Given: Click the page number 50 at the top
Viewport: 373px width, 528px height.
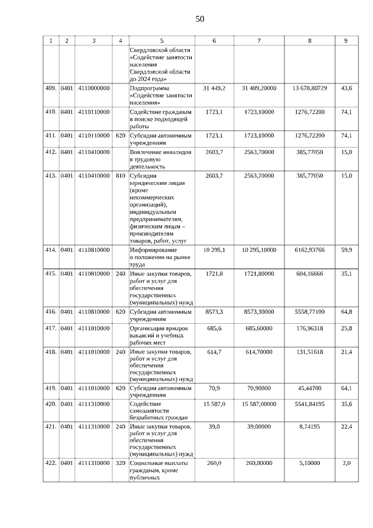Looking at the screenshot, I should [200, 19].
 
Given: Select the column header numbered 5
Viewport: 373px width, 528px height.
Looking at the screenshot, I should [161, 40].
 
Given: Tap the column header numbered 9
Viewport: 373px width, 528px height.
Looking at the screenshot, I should [346, 40].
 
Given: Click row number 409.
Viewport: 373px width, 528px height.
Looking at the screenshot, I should [51, 88].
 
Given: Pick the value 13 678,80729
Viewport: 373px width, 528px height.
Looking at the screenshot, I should [309, 88].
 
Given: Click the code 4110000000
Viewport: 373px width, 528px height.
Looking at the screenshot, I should [93, 88].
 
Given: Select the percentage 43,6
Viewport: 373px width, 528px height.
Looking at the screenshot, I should [346, 88].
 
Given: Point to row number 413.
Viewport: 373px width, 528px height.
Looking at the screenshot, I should [51, 176].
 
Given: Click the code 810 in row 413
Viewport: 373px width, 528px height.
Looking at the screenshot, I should [120, 176].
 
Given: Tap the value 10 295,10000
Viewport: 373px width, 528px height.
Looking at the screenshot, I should [259, 250].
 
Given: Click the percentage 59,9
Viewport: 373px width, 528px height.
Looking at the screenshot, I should [346, 250].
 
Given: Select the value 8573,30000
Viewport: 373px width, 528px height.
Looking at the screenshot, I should [259, 312].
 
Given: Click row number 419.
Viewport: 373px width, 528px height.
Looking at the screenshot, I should [51, 387].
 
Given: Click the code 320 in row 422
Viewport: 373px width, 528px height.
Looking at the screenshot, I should [120, 463].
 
